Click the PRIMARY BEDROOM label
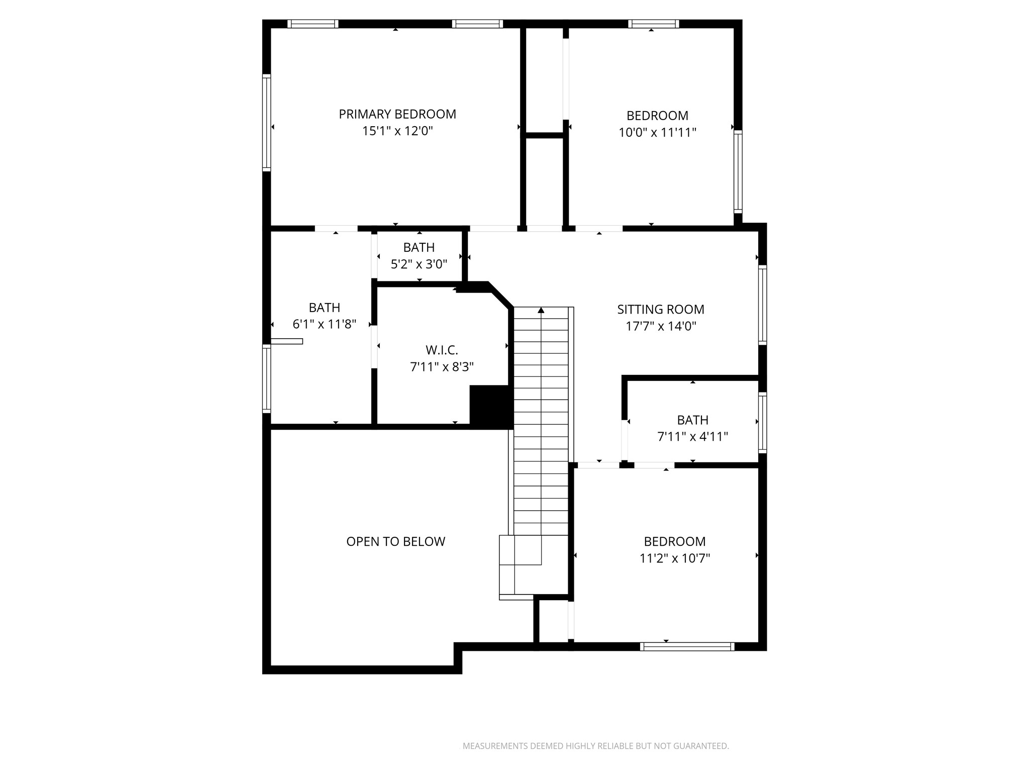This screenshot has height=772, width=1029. click(397, 114)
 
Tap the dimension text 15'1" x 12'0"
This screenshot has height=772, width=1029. click(397, 131)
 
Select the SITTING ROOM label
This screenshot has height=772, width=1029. click(661, 309)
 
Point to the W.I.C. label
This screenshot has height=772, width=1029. click(442, 350)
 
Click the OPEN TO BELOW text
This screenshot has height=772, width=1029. click(396, 541)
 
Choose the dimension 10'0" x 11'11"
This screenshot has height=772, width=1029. click(657, 133)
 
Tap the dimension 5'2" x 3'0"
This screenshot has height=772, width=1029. click(419, 264)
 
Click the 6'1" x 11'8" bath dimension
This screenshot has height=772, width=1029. click(325, 324)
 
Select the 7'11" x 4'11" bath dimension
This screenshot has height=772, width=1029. click(693, 437)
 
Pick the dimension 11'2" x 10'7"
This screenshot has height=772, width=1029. click(675, 558)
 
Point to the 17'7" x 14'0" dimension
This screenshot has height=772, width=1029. click(661, 326)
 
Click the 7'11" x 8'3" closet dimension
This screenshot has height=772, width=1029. click(442, 367)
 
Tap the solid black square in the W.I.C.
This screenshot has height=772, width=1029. click(491, 406)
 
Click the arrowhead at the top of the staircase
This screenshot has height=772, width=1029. click(541, 310)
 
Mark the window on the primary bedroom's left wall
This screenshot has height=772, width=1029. click(267, 123)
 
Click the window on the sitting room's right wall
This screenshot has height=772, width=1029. click(763, 305)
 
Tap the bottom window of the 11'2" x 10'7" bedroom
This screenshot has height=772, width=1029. click(687, 647)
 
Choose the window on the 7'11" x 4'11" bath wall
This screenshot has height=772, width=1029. click(763, 423)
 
